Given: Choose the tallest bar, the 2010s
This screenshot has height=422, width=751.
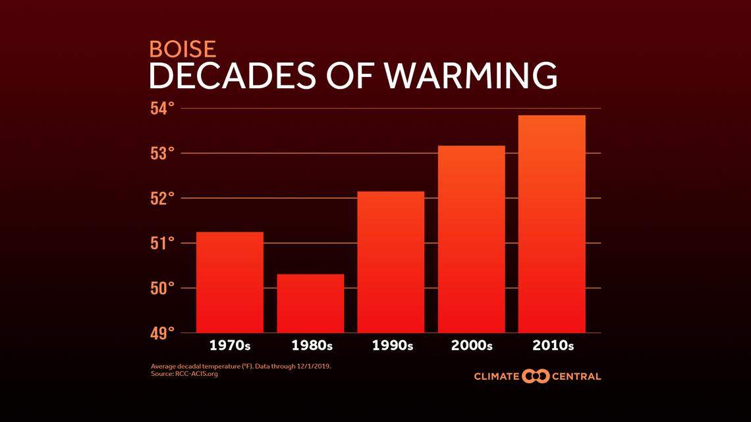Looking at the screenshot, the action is click(x=551, y=224).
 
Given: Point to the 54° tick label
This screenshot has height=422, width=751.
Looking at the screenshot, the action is click(x=163, y=109).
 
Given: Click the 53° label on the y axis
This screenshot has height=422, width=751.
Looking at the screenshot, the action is click(x=163, y=153).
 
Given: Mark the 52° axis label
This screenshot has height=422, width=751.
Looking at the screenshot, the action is click(x=163, y=198).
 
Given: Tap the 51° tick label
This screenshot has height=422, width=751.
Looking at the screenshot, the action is click(x=163, y=244).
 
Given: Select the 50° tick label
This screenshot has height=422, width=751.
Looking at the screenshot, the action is click(x=163, y=288).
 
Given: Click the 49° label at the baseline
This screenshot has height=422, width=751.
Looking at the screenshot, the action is click(x=163, y=333).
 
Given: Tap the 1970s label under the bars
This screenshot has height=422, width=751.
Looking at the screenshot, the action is click(x=230, y=346).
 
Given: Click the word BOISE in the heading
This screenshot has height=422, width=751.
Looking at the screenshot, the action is click(x=182, y=49).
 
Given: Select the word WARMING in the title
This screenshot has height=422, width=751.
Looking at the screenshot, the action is click(x=470, y=76).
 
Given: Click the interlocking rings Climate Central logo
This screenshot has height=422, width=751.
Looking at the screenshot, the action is click(x=535, y=377).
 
